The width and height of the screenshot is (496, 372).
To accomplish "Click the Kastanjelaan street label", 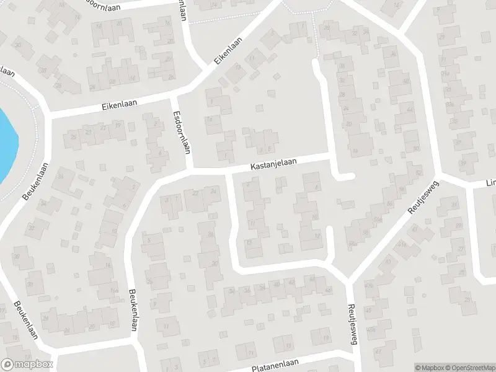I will click(x=273, y=164).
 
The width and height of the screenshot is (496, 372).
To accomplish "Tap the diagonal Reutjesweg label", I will click(x=423, y=199).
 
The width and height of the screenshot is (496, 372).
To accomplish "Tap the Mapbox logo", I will click(x=27, y=365).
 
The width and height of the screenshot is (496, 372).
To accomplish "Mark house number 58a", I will click(x=352, y=243).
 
